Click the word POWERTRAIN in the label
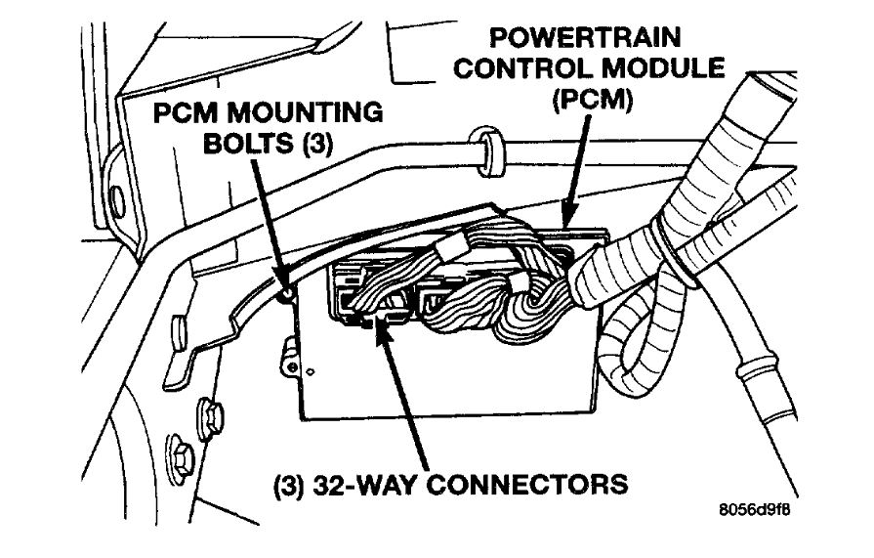(585, 38)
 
